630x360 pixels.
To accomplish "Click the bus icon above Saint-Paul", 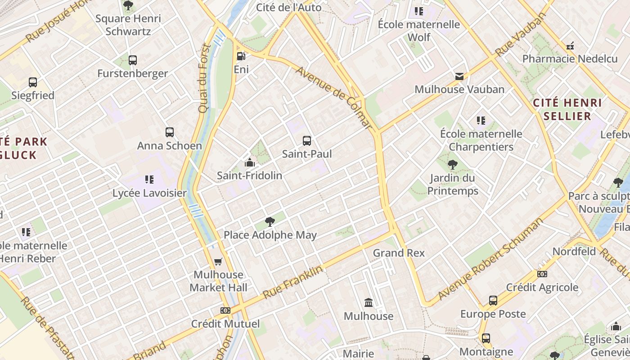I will tap(307, 141).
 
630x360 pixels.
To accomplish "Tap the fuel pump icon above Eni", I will tap(241, 56).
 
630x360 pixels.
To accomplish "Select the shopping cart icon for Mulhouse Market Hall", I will tap(218, 261).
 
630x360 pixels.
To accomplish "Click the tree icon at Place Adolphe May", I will tap(270, 221).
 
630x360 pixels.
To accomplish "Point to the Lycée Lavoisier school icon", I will tap(149, 180).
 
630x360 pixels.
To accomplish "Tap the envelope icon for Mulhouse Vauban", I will tap(459, 76).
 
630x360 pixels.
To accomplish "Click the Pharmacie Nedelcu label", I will tap(570, 58).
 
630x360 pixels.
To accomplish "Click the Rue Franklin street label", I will tap(293, 282).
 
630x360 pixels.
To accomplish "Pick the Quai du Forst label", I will tap(204, 78).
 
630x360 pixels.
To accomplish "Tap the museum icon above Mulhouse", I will tap(369, 302).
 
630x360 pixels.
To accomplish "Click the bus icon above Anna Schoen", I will tap(170, 132).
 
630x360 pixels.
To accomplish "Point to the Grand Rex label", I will tap(399, 253).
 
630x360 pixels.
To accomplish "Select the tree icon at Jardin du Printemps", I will tap(453, 165).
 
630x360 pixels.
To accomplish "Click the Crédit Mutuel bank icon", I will tap(225, 310).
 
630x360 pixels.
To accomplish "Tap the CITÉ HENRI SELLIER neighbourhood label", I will tap(567, 109).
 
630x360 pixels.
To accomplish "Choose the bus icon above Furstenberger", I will tap(133, 60).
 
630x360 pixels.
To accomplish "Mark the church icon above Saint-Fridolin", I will tap(250, 162).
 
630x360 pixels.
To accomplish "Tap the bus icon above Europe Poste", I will tap(493, 301).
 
